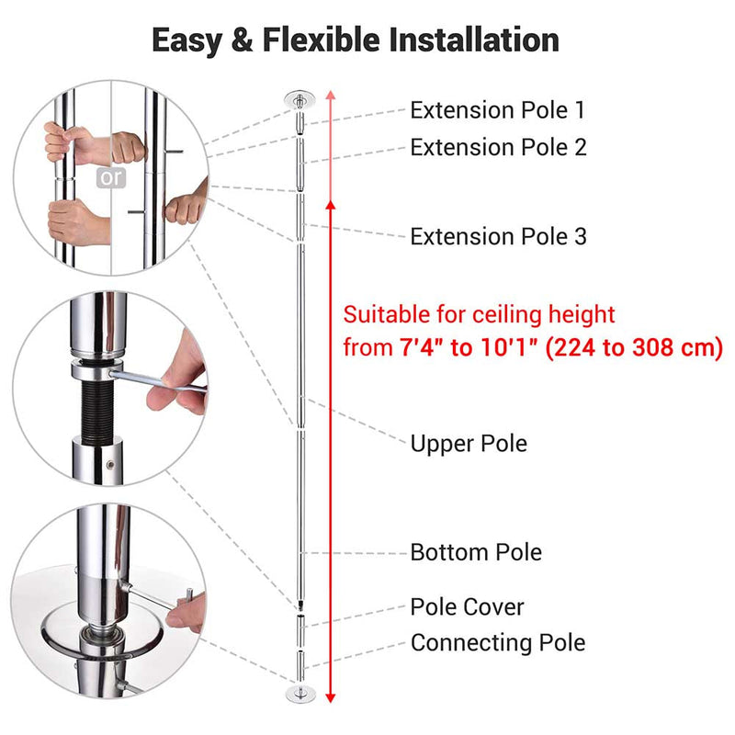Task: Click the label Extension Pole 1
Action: pyautogui.click(x=497, y=111)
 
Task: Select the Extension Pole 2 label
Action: pyautogui.click(x=498, y=147)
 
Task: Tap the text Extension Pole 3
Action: pyautogui.click(x=498, y=237)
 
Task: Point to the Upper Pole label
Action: pyautogui.click(x=469, y=444)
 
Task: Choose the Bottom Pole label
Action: pyautogui.click(x=476, y=552)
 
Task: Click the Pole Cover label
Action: pyautogui.click(x=467, y=607)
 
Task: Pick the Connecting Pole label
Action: pyautogui.click(x=497, y=642)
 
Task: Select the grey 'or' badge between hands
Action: pyautogui.click(x=112, y=177)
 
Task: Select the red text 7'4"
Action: pyautogui.click(x=422, y=348)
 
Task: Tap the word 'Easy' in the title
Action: pyautogui.click(x=191, y=40)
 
